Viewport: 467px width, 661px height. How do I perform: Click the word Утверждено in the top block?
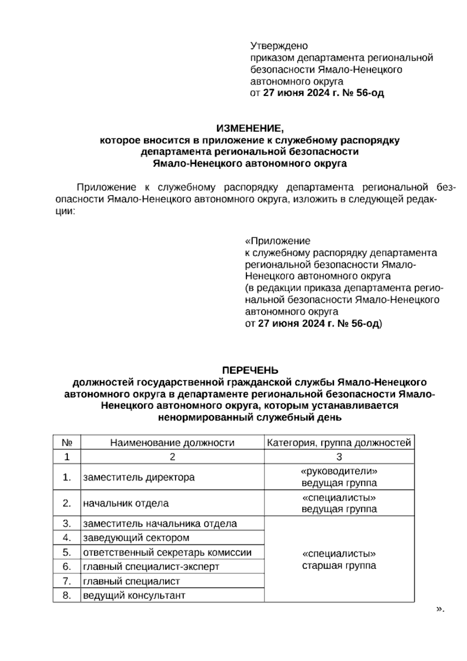[x=279, y=46]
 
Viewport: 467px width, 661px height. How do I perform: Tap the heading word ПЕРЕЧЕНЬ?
[x=250, y=370]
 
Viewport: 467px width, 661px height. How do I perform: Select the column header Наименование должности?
[x=172, y=443]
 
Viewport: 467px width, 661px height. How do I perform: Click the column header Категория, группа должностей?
[x=339, y=443]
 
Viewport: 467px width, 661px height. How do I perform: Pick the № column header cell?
[x=67, y=443]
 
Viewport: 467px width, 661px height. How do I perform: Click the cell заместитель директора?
[x=139, y=477]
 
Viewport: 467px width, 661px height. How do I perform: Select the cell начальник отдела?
[x=126, y=503]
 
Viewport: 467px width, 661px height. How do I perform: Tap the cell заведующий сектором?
[x=136, y=538]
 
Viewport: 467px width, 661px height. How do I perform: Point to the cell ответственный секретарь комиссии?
[x=167, y=552]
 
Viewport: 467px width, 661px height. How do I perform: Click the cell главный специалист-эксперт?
[x=151, y=566]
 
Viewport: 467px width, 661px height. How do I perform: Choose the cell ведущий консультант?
[x=134, y=595]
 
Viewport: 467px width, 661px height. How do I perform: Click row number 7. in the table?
[x=67, y=581]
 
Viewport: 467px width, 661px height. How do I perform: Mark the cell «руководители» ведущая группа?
[x=339, y=477]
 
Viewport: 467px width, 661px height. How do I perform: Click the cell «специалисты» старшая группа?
[x=339, y=559]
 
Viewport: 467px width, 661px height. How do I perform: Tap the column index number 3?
[x=339, y=457]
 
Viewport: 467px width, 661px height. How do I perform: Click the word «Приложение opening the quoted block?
[x=277, y=241]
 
